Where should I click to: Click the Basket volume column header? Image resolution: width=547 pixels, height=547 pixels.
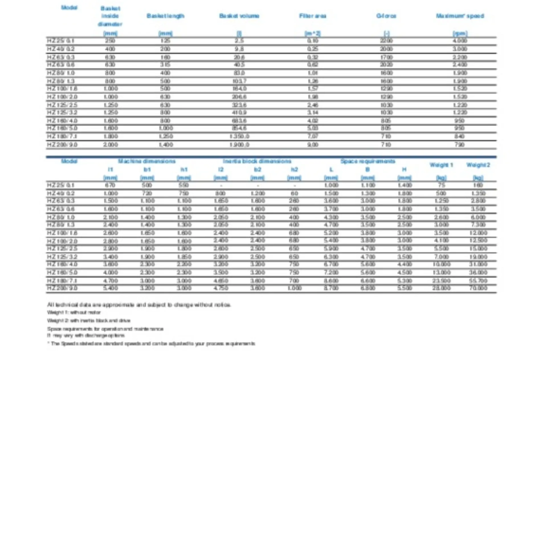pyautogui.click(x=239, y=16)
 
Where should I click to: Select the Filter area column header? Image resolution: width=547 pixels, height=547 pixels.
pyautogui.click(x=313, y=16)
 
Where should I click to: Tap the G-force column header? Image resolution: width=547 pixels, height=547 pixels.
pyautogui.click(x=386, y=16)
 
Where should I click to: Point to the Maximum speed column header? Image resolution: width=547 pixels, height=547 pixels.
pyautogui.click(x=460, y=16)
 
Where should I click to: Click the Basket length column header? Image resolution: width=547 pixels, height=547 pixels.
pyautogui.click(x=166, y=16)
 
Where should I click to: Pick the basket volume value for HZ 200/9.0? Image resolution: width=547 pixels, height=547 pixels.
pyautogui.click(x=239, y=145)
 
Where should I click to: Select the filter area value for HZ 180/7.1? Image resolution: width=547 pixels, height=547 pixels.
pyautogui.click(x=313, y=136)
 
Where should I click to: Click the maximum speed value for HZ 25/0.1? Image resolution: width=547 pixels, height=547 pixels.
pyautogui.click(x=460, y=41)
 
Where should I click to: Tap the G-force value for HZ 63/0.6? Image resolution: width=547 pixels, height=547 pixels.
pyautogui.click(x=386, y=65)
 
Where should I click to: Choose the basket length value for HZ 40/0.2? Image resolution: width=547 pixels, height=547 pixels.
pyautogui.click(x=166, y=49)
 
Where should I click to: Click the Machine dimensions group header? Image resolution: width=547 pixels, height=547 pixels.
pyautogui.click(x=147, y=162)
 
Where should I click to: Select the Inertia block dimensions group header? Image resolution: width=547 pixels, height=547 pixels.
pyautogui.click(x=257, y=162)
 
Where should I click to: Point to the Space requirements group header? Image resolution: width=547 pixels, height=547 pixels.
pyautogui.click(x=368, y=162)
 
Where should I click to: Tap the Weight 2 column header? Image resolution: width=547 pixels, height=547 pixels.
pyautogui.click(x=478, y=165)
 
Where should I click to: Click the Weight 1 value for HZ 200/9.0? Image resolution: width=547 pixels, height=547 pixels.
pyautogui.click(x=441, y=288)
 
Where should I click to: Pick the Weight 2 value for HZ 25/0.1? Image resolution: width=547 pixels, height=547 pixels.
pyautogui.click(x=478, y=185)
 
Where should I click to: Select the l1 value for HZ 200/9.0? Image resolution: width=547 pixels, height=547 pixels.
pyautogui.click(x=111, y=288)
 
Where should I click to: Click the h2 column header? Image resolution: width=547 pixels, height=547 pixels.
pyautogui.click(x=294, y=170)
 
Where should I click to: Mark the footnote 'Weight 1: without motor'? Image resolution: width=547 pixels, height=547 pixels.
pyautogui.click(x=74, y=313)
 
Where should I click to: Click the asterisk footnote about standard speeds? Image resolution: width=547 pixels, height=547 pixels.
pyautogui.click(x=151, y=344)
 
